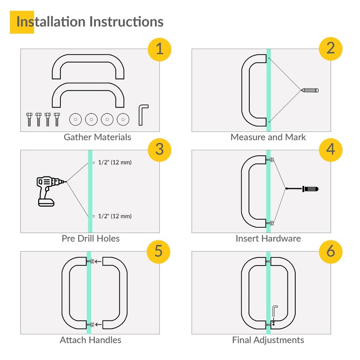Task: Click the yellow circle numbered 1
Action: click(159, 49)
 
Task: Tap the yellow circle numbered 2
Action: click(331, 49)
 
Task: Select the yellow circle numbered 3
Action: click(159, 149)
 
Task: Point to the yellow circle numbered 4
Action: click(331, 149)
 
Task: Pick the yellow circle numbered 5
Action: click(159, 251)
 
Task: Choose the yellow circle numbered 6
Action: click(331, 251)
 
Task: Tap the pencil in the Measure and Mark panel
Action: click(310, 90)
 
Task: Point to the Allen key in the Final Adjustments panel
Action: click(274, 311)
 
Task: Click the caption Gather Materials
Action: click(97, 137)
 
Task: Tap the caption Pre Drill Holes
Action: click(90, 238)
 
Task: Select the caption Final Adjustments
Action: click(268, 340)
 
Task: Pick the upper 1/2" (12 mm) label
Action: click(114, 162)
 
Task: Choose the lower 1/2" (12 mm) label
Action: click(114, 216)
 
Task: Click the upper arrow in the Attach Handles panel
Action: click(98, 261)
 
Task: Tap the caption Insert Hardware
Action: click(268, 238)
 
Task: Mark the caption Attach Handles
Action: click(90, 340)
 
